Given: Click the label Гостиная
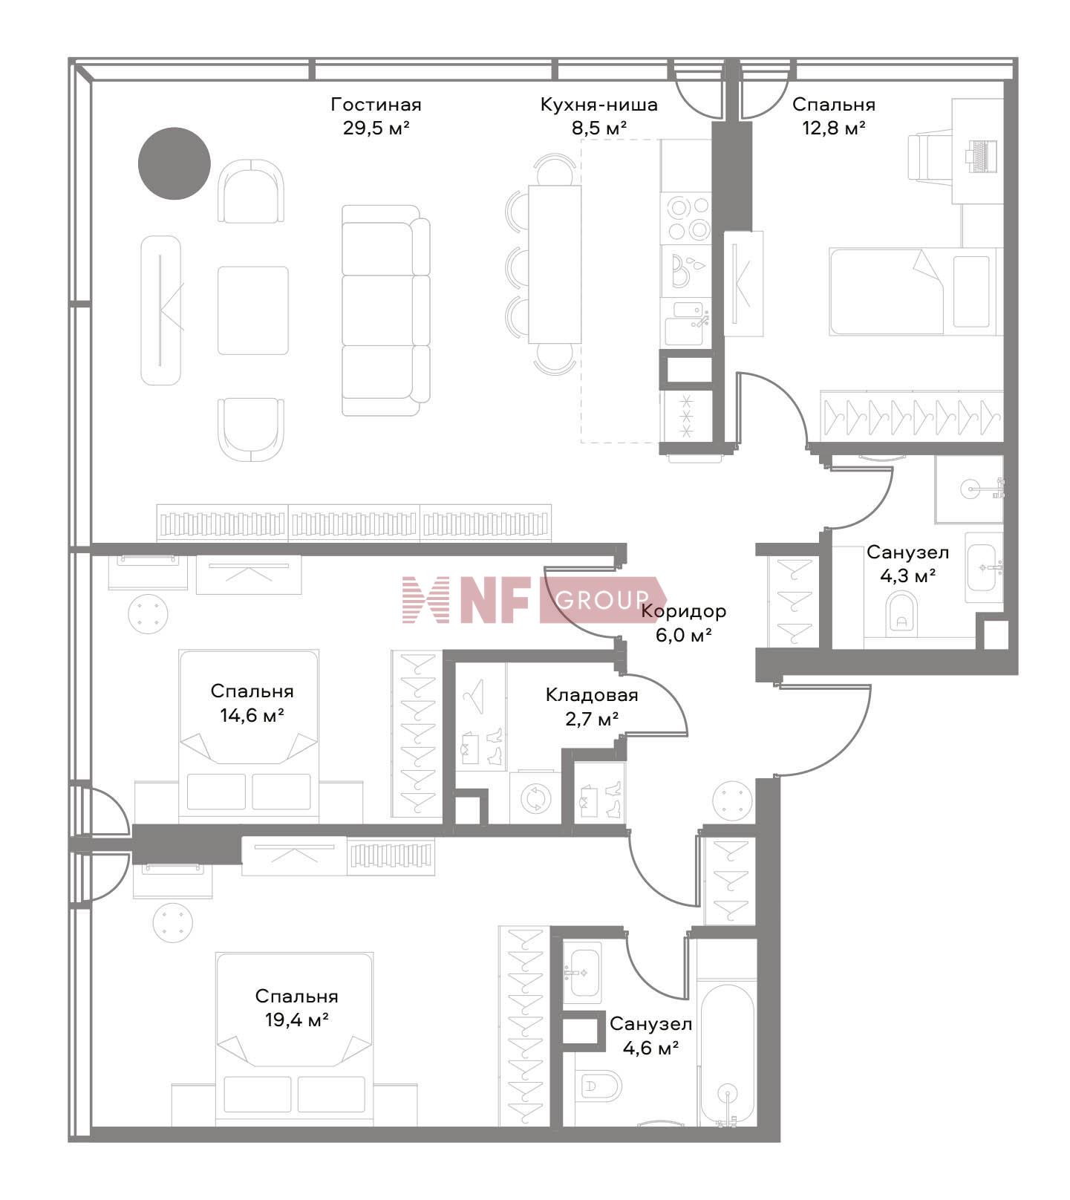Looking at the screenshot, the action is (376, 105).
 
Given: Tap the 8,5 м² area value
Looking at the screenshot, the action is (598, 128).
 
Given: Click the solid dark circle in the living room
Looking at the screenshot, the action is (174, 163).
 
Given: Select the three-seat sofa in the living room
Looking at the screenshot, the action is (385, 310).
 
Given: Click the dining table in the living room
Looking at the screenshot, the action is (555, 264).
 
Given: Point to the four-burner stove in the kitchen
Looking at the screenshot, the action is (687, 218).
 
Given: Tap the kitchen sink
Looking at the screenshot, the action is (684, 323).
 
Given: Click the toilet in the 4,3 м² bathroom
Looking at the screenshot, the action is (902, 612).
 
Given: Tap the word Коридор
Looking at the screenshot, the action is (683, 612).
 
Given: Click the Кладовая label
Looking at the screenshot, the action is (592, 696).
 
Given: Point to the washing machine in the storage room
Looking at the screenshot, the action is (535, 798).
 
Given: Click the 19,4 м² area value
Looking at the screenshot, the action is (297, 1020).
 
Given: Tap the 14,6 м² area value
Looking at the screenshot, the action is (252, 715).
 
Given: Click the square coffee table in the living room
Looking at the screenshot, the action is (252, 310).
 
